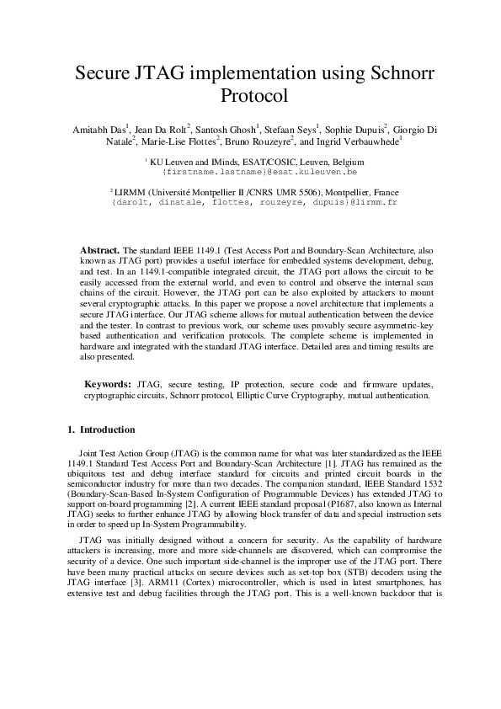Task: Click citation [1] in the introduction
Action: [358, 462]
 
